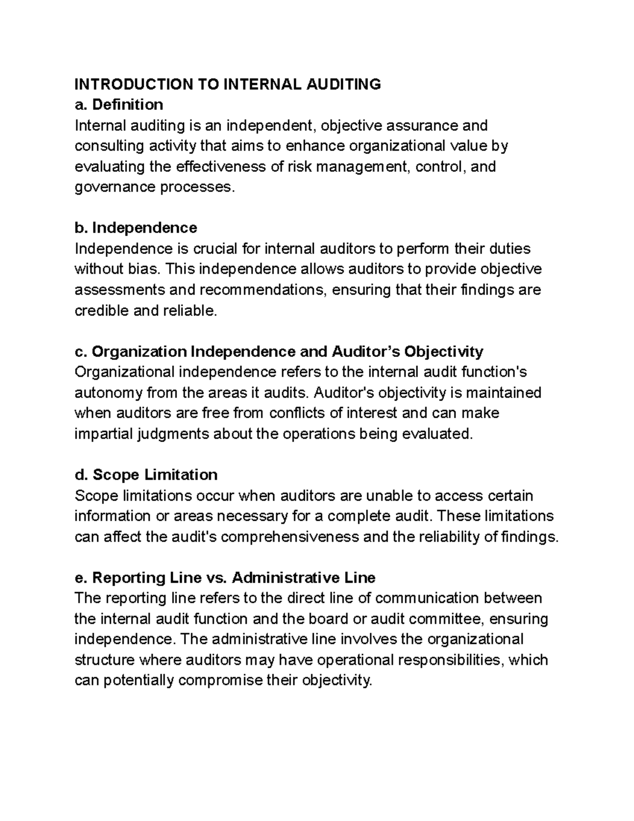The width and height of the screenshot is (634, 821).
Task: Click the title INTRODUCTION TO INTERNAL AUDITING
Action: (x=227, y=84)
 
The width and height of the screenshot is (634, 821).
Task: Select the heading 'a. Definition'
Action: (x=119, y=105)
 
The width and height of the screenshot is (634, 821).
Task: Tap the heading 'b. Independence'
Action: (x=136, y=228)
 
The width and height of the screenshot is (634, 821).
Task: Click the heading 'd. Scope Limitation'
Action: (x=146, y=475)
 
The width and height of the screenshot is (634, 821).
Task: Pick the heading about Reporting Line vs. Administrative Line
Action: (x=225, y=577)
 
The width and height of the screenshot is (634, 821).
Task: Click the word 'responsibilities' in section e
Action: (x=449, y=660)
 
